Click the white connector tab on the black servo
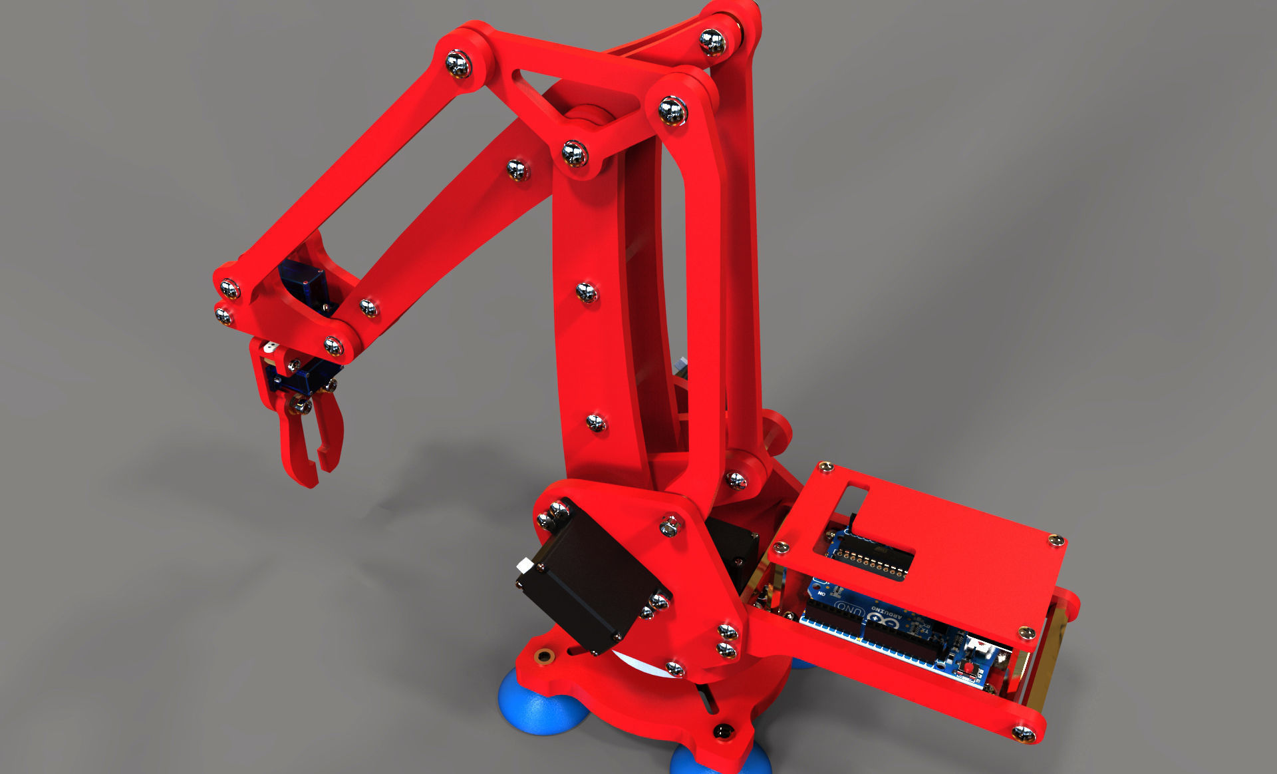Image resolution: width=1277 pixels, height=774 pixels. (524, 567)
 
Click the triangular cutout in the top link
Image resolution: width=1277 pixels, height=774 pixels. (532, 87)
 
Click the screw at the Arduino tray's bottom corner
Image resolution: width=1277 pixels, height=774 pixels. (1023, 733)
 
